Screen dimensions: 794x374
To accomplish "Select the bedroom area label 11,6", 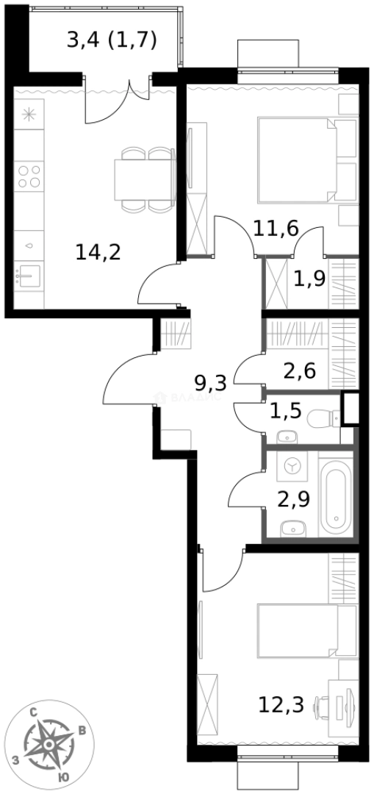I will tap(276, 228).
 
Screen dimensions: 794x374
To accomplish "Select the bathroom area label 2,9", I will tap(293, 498).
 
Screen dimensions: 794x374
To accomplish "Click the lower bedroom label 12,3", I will tap(281, 705).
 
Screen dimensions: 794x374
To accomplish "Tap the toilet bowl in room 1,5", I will tap(322, 419).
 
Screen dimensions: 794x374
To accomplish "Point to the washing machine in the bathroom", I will tap(292, 465).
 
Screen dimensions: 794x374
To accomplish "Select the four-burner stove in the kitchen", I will tap(29, 176).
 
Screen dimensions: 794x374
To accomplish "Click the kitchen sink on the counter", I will tap(29, 277).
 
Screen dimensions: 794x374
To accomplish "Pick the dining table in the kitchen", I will tap(143, 179).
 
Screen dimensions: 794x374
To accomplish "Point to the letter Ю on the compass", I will tap(64, 776).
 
